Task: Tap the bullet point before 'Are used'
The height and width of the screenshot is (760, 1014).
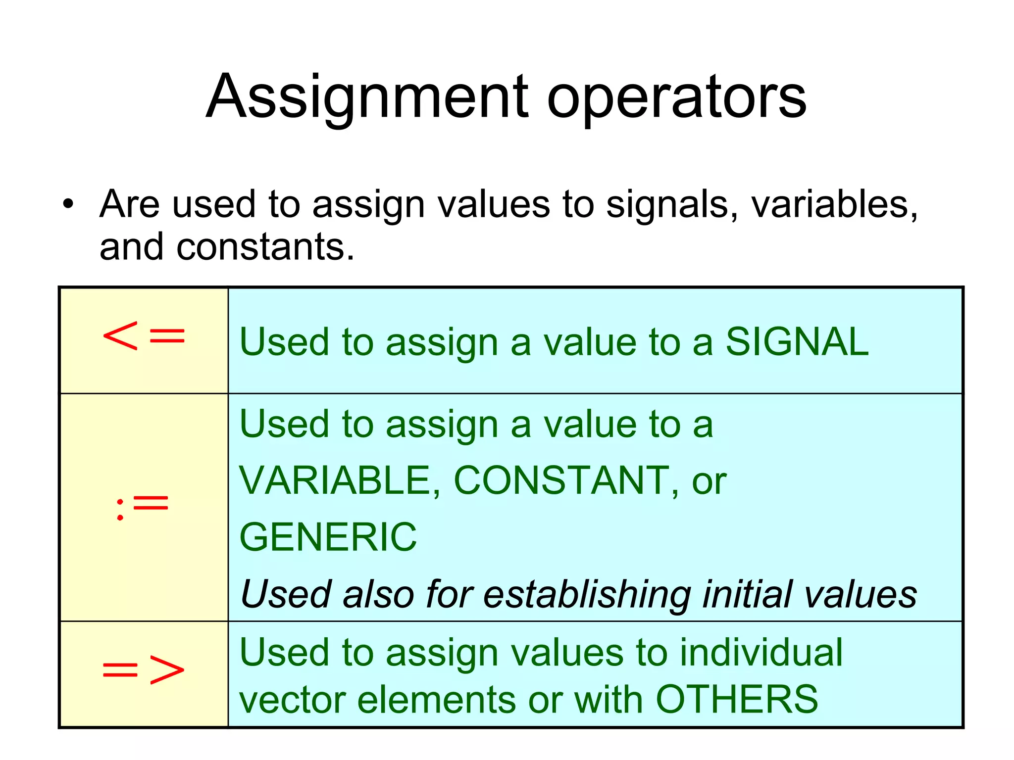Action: point(68,204)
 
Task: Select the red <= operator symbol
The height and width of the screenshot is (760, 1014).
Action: point(144,336)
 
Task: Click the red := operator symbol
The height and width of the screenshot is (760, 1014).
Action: point(143,506)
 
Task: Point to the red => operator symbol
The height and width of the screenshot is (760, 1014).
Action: point(144,670)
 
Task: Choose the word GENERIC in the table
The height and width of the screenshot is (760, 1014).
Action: point(328,537)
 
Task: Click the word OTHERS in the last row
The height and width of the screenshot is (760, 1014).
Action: point(737,699)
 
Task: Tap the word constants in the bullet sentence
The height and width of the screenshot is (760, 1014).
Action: point(265,247)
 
